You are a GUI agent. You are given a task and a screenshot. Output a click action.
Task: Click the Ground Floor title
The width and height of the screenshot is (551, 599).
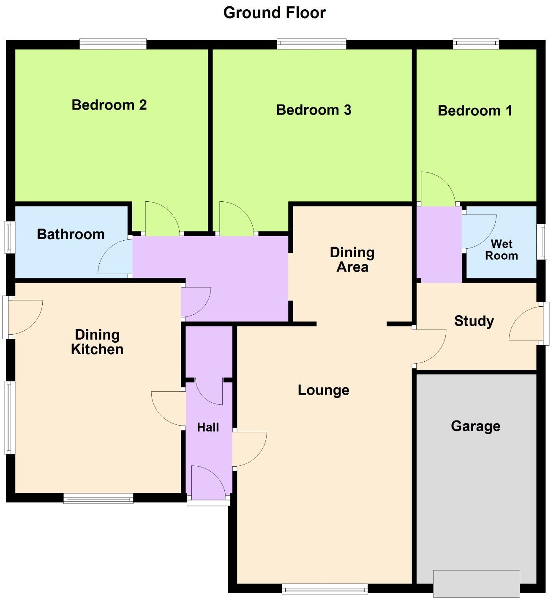click(274, 13)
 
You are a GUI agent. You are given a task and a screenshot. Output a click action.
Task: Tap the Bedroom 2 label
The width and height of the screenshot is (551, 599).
click(109, 105)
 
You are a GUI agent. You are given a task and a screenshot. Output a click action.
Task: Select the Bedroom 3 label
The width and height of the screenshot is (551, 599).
click(314, 110)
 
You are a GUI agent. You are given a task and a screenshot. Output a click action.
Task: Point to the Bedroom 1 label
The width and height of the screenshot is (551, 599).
click(475, 111)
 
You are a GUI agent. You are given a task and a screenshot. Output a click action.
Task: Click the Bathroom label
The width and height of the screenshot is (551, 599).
click(71, 234)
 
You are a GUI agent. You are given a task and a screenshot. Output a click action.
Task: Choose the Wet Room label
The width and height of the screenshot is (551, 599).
click(502, 250)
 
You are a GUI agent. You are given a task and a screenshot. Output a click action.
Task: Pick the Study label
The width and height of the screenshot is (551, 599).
click(474, 321)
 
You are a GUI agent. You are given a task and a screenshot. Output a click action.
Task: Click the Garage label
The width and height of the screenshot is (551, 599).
click(476, 426)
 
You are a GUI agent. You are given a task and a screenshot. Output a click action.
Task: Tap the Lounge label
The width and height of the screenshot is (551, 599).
click(324, 390)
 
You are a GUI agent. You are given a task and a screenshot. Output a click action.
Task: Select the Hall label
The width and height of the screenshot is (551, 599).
click(208, 427)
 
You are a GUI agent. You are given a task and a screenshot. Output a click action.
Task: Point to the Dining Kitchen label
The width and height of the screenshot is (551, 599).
click(97, 342)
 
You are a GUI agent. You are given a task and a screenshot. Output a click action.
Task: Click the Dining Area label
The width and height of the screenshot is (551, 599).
click(352, 260)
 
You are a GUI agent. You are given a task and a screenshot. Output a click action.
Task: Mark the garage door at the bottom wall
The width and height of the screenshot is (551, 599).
click(476, 583)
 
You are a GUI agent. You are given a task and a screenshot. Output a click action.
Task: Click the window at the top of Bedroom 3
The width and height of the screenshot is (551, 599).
click(312, 44)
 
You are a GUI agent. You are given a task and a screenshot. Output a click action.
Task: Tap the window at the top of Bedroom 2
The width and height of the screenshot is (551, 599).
click(113, 44)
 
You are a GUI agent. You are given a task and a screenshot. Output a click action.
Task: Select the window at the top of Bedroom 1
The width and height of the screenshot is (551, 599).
click(476, 44)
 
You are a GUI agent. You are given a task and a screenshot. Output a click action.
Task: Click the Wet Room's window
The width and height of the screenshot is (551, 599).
click(542, 242)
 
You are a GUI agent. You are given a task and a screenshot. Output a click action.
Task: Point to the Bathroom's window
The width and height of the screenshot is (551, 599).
click(10, 237)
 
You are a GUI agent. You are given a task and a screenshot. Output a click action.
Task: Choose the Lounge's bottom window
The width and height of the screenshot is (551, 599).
click(325, 588)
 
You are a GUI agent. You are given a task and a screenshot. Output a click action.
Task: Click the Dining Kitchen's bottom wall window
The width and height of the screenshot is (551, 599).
click(98, 498)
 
